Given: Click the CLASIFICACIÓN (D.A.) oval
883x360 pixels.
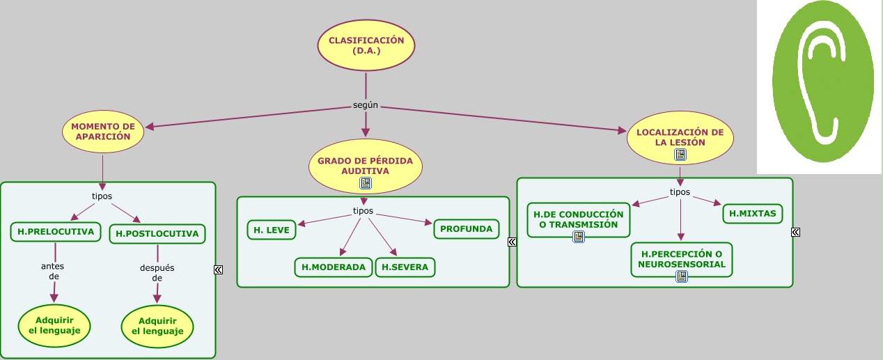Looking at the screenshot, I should tap(366, 45).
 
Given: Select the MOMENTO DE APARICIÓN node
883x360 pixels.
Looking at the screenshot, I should tap(103, 132).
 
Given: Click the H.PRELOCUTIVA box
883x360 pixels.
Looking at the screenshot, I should tap(56, 232).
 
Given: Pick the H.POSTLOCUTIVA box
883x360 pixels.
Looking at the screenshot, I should tap(157, 234).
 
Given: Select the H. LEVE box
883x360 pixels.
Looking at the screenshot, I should tap(272, 230).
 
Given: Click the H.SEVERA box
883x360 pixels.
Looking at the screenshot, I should tap(405, 267).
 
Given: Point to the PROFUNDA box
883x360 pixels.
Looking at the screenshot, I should tap(466, 228).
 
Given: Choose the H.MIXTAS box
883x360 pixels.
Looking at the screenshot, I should tap(753, 213).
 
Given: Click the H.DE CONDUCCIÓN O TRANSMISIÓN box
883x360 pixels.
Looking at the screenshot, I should tap(578, 219).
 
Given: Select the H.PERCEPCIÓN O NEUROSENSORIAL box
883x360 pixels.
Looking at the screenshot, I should tap(682, 259).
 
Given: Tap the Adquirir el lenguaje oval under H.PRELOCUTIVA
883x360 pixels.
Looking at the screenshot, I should tap(55, 325).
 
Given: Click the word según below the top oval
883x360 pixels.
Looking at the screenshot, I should tap(366, 105).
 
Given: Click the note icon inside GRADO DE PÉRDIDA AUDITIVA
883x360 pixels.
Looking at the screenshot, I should tap(366, 183).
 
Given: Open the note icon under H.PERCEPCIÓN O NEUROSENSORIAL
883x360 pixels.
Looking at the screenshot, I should tap(682, 276).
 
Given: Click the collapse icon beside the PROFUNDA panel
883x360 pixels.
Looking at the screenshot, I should tap(512, 242).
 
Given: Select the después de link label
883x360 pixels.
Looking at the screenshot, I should tap(157, 272).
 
